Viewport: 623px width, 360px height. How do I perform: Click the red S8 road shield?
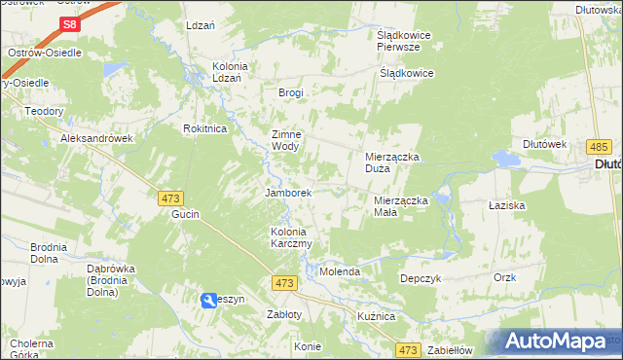pos(68,24)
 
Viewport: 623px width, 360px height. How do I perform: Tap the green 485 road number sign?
pos(599,146)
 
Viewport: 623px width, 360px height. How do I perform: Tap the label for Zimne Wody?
pos(286,140)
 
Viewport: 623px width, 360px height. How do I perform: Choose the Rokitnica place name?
pos(205,127)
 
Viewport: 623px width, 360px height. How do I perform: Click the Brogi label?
pos(291,92)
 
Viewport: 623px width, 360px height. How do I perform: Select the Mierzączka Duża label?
pos(391,162)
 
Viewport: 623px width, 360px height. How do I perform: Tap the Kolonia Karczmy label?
pos(291,238)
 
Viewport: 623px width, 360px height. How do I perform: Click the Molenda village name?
pos(341,271)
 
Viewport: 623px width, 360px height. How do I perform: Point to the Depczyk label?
pos(422,278)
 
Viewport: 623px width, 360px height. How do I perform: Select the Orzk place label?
pos(504,277)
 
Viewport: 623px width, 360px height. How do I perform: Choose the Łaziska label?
pos(507,206)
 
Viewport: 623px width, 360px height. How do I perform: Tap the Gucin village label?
pos(185,213)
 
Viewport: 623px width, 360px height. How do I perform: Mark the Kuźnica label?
pos(375,317)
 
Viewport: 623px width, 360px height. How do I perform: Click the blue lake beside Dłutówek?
pos(506,159)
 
